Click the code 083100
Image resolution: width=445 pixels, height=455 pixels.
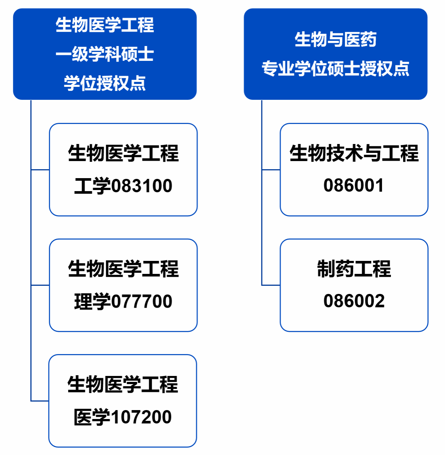click(x=142, y=186)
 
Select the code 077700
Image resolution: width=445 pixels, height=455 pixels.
click(x=142, y=301)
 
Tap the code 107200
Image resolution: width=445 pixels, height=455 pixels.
click(x=141, y=417)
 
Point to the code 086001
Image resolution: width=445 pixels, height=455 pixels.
click(x=354, y=185)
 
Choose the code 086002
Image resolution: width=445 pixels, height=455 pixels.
click(x=354, y=301)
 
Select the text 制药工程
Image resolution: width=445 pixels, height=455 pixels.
click(x=354, y=269)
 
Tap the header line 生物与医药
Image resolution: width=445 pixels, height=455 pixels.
click(x=335, y=39)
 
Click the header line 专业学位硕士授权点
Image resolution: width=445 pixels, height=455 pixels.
click(x=335, y=69)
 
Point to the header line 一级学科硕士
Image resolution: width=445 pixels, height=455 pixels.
click(x=105, y=54)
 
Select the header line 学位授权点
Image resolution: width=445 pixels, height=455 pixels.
click(x=105, y=83)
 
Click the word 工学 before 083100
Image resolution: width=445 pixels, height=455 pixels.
click(x=92, y=186)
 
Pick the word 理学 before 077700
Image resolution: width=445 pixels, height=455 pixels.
click(x=92, y=301)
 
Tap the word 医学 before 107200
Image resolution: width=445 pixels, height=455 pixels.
click(x=92, y=417)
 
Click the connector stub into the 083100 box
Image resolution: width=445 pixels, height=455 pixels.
click(x=40, y=170)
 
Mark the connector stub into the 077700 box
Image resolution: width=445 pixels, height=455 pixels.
click(x=40, y=285)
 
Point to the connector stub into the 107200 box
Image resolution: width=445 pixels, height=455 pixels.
click(x=40, y=401)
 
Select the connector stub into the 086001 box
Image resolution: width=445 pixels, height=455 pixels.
click(x=271, y=170)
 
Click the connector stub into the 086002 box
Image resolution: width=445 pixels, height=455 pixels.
click(x=271, y=285)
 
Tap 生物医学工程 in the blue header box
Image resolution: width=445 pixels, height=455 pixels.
click(x=105, y=25)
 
